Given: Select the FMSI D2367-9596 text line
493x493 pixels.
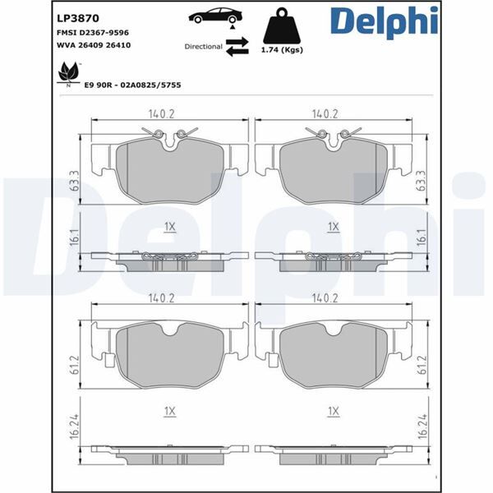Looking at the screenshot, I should click(92, 31).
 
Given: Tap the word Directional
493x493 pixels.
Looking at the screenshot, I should click(203, 47).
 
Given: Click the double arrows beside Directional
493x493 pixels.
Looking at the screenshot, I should click(237, 48).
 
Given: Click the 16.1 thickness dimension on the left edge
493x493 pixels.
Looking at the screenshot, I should click(73, 237).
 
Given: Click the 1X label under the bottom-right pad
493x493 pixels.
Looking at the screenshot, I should click(333, 409).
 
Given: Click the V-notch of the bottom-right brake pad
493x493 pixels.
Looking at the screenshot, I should click(333, 330).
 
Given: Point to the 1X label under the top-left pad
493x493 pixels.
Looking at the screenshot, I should click(169, 225).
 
